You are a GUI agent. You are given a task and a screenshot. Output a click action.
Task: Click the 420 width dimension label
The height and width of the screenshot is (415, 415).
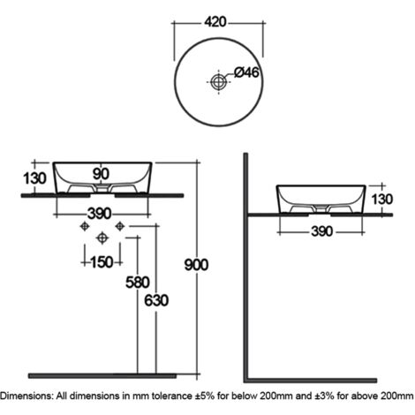(215, 22)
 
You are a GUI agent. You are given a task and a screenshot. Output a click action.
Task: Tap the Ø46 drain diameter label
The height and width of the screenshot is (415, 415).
(246, 72)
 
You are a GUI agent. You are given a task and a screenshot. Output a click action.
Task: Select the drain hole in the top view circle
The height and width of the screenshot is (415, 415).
(218, 81)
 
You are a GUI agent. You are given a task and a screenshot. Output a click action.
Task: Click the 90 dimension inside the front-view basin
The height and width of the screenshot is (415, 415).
(101, 174)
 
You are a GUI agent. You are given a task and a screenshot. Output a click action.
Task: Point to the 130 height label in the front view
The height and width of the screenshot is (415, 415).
(34, 178)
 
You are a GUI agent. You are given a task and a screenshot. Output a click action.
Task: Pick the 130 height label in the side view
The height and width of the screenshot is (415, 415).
(382, 200)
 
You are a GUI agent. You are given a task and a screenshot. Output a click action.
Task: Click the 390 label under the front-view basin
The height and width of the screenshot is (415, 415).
(100, 214)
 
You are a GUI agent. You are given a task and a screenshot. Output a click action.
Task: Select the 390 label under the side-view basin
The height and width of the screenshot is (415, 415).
(322, 231)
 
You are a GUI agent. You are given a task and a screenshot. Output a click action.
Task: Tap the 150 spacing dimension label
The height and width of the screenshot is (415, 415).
(102, 262)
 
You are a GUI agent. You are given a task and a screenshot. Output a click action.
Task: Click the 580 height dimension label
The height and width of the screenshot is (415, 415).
(138, 283)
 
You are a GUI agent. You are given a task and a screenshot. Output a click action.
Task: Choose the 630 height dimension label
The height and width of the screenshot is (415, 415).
(156, 300)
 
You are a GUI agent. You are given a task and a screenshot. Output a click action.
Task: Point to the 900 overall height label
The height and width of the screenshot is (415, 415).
(196, 265)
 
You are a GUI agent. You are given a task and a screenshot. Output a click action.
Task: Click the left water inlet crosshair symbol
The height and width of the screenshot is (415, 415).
(85, 226)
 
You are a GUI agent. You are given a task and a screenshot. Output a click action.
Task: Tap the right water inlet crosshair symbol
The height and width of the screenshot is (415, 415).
(120, 226)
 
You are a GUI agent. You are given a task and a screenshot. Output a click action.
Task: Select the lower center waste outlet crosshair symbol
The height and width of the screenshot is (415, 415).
(102, 238)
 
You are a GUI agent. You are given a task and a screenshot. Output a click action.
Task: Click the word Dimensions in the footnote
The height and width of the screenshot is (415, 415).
(26, 396)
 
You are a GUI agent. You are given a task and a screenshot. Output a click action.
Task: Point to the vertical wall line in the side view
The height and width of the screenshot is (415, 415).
(245, 267)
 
